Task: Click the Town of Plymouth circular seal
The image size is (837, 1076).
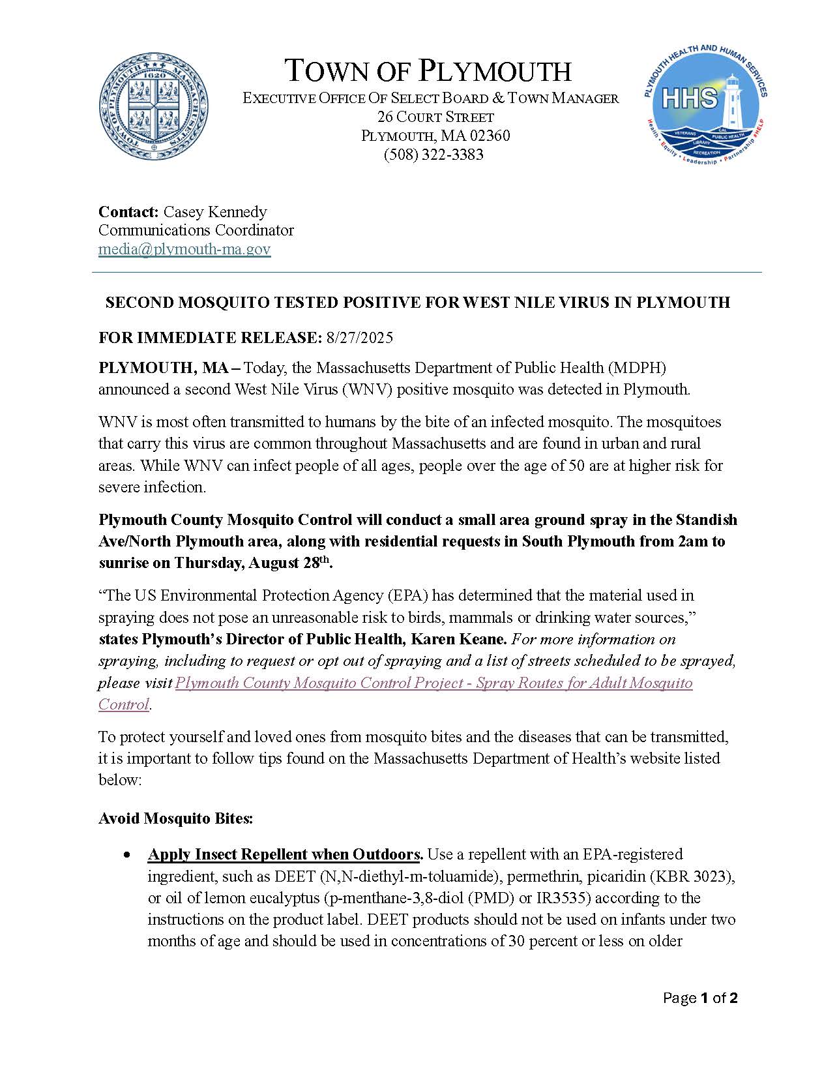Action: (x=154, y=108)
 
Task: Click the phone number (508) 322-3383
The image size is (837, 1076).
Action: (x=433, y=155)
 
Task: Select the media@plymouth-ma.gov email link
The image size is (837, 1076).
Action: (x=184, y=249)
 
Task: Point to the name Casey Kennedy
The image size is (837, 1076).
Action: (x=214, y=212)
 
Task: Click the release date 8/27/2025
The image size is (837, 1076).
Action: (x=360, y=337)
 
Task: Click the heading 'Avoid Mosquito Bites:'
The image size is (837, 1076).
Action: (x=175, y=818)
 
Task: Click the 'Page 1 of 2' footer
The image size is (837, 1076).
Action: (x=699, y=998)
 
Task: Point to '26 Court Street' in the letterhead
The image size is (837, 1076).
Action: (x=435, y=117)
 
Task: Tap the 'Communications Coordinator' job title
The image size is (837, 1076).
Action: (x=196, y=230)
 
